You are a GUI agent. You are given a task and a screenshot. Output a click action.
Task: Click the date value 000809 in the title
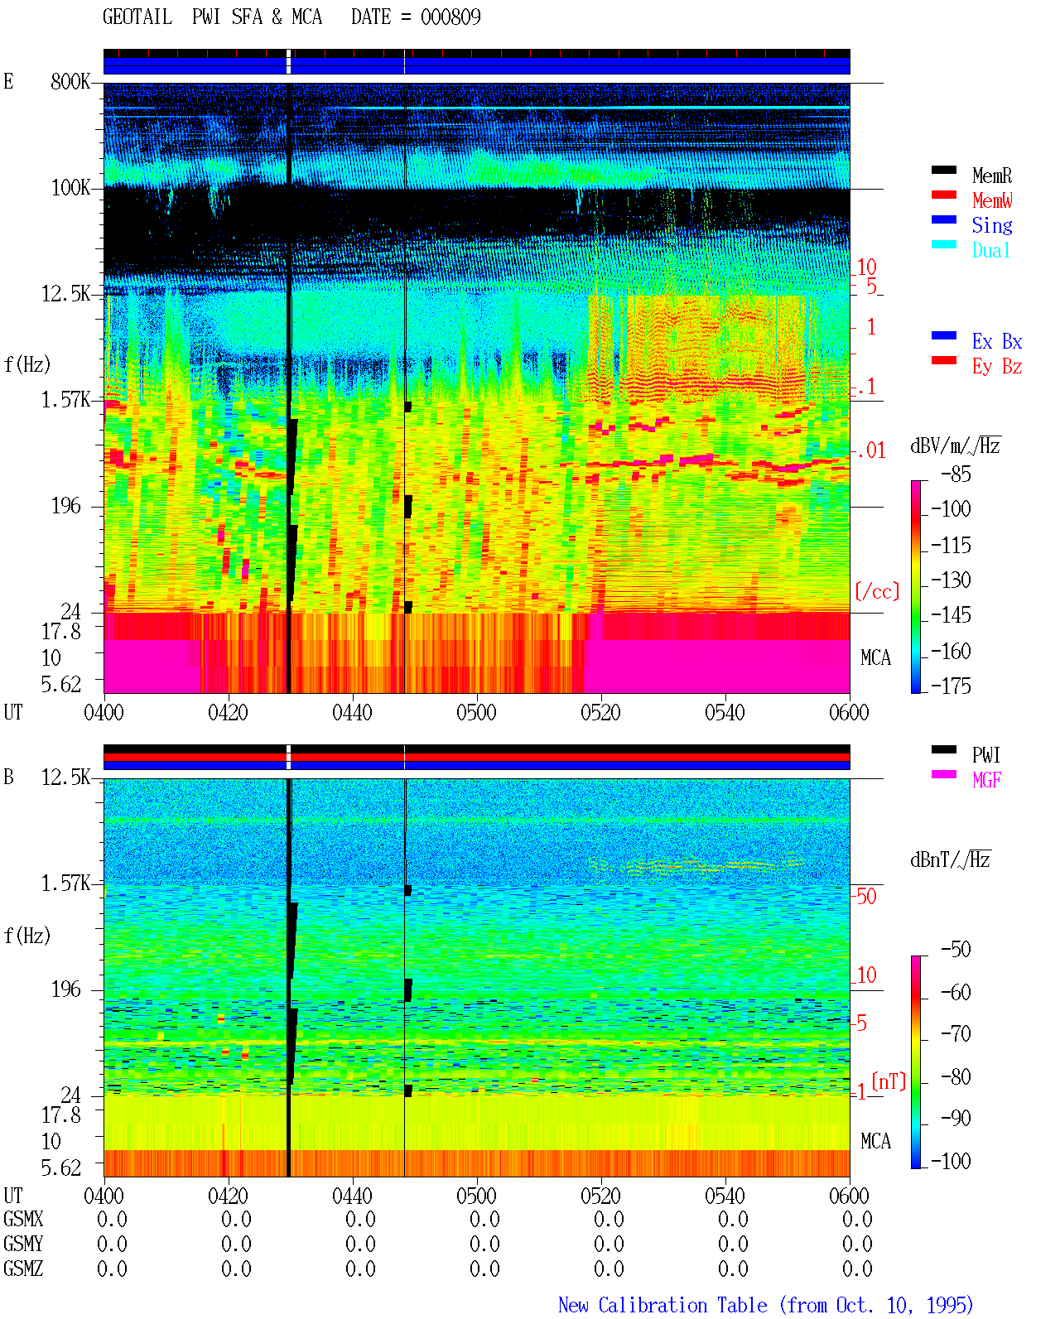[450, 17]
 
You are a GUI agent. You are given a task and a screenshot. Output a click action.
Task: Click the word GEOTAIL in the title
[137, 17]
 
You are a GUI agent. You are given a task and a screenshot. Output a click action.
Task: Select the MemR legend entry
[992, 176]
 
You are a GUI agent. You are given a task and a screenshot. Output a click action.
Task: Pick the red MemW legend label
[992, 200]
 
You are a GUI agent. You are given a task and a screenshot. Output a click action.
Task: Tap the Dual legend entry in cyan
[991, 250]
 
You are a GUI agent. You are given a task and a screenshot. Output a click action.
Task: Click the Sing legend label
[992, 225]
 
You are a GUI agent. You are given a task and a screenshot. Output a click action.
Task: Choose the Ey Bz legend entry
[997, 367]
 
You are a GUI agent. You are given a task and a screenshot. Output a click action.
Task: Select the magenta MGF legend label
[986, 780]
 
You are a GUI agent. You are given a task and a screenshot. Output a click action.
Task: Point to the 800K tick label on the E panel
[70, 81]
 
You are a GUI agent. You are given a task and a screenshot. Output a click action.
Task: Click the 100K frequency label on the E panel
[70, 188]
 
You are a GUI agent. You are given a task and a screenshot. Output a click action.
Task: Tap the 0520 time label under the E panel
[601, 712]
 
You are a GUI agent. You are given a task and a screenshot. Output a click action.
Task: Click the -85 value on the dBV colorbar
[956, 474]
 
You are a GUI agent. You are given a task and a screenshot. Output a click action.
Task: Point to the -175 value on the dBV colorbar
[951, 686]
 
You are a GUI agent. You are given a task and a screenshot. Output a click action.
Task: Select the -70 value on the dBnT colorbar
[956, 1034]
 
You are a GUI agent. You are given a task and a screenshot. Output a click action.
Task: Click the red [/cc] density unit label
[877, 591]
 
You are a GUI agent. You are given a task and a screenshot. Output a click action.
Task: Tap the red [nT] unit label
[889, 1081]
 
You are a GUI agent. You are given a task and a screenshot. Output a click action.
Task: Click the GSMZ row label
[23, 1268]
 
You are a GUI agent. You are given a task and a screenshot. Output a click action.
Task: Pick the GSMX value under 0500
[484, 1220]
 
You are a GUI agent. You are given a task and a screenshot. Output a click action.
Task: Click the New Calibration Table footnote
[765, 1305]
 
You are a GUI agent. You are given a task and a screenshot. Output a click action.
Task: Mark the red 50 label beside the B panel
[866, 897]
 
